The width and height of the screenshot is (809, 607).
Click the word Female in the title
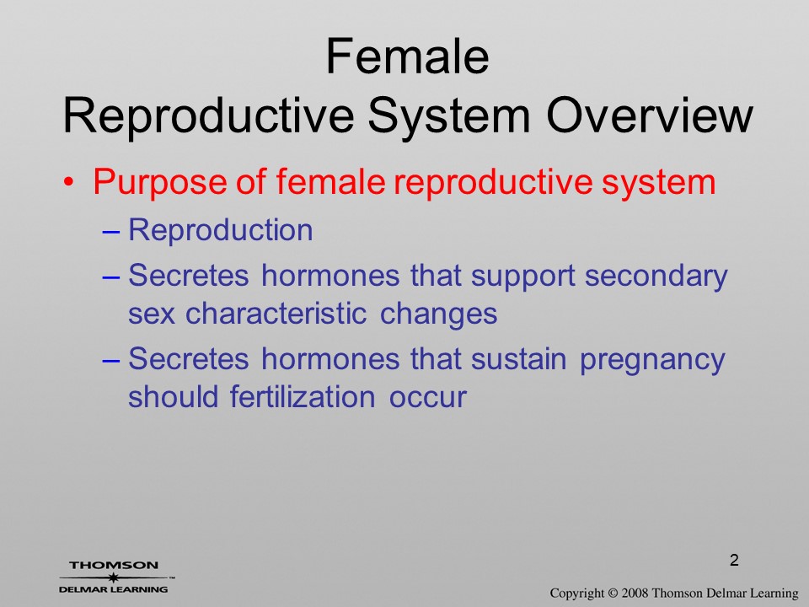407,56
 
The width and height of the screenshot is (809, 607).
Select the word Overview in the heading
650,115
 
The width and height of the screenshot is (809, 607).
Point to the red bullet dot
68,183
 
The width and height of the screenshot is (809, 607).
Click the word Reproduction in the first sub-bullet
221,229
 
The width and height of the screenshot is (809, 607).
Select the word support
522,277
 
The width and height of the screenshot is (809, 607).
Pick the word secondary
656,277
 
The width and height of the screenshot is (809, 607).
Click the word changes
438,314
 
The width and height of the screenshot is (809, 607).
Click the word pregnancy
652,361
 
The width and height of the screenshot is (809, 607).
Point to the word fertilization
303,396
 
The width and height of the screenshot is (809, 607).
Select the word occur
428,398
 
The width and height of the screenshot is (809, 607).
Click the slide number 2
734,560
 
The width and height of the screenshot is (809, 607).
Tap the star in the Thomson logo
113,577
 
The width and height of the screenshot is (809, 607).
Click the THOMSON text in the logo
114,565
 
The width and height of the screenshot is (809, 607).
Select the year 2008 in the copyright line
634,593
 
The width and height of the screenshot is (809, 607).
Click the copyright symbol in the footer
613,593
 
